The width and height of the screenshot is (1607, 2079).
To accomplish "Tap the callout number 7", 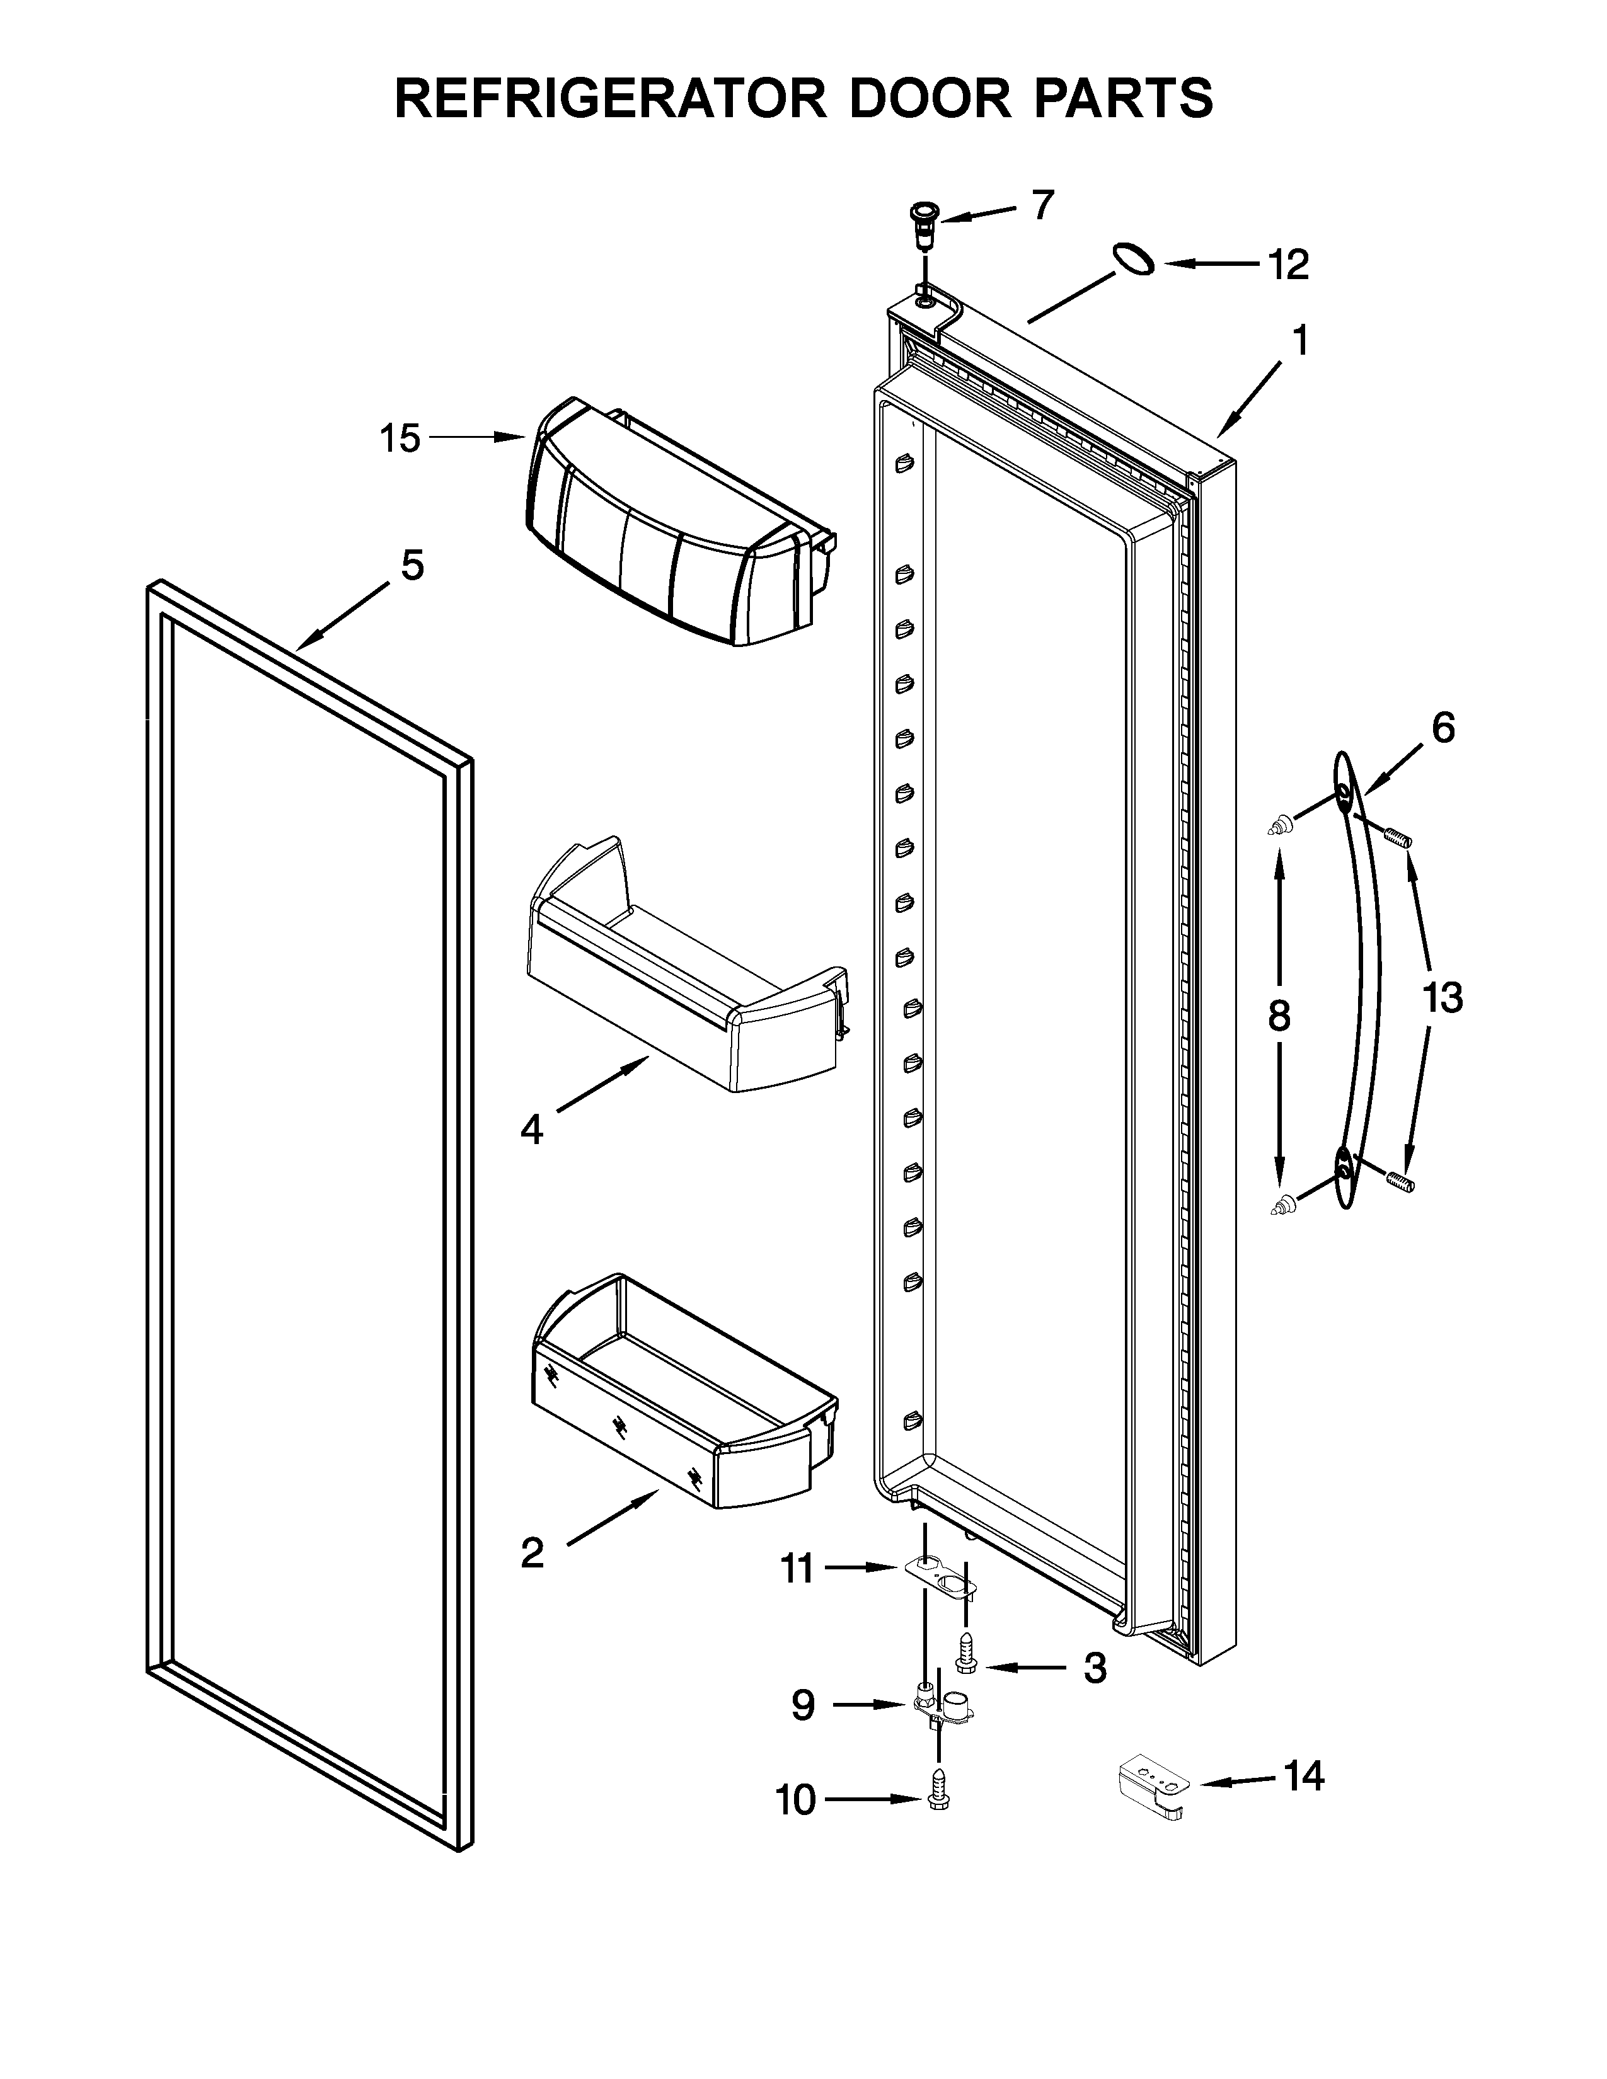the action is click(1044, 205).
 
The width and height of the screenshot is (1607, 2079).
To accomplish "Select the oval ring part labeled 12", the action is click(1133, 259).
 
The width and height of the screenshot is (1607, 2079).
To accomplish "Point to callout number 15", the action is click(400, 439).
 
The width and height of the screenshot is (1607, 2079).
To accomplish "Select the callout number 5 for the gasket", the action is click(412, 566).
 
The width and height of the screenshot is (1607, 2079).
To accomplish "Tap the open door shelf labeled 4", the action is click(686, 980).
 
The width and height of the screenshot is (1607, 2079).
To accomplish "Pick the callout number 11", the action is click(798, 1568).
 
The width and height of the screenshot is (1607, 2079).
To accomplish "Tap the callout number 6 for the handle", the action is click(1443, 729).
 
